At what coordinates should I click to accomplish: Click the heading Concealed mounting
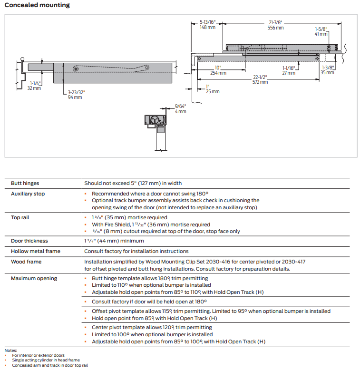(x=37, y=5)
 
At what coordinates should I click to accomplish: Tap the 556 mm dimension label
(x=275, y=28)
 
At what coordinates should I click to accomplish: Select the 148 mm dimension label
(x=207, y=28)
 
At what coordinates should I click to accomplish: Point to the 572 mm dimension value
(x=260, y=82)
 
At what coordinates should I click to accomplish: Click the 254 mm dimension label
(x=218, y=73)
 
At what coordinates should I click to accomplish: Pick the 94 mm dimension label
(x=75, y=97)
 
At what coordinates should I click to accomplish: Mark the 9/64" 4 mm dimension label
(x=180, y=108)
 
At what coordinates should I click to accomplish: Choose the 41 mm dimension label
(x=321, y=34)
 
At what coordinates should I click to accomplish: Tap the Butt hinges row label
(x=25, y=183)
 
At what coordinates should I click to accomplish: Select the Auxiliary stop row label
(x=28, y=194)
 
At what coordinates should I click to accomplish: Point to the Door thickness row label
(x=29, y=241)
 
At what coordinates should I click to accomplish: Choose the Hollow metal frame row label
(x=36, y=251)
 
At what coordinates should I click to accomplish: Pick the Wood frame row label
(x=26, y=262)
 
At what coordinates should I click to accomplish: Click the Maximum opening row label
(x=34, y=278)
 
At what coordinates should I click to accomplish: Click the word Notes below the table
(x=10, y=351)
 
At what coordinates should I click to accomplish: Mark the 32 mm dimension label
(x=34, y=88)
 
